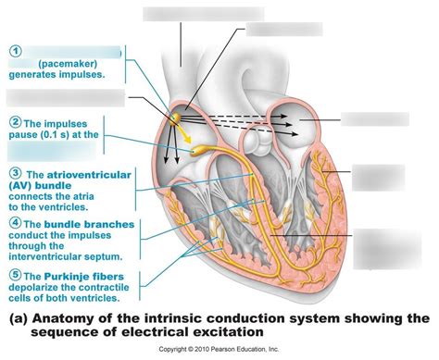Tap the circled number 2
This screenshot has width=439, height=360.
[x=16, y=121]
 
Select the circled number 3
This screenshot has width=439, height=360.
[x=16, y=172]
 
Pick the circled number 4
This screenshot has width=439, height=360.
[x=16, y=223]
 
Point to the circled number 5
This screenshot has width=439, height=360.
[x=16, y=274]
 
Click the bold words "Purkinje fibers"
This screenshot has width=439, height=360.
[x=94, y=275]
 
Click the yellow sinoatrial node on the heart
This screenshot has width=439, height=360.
[x=176, y=118]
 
